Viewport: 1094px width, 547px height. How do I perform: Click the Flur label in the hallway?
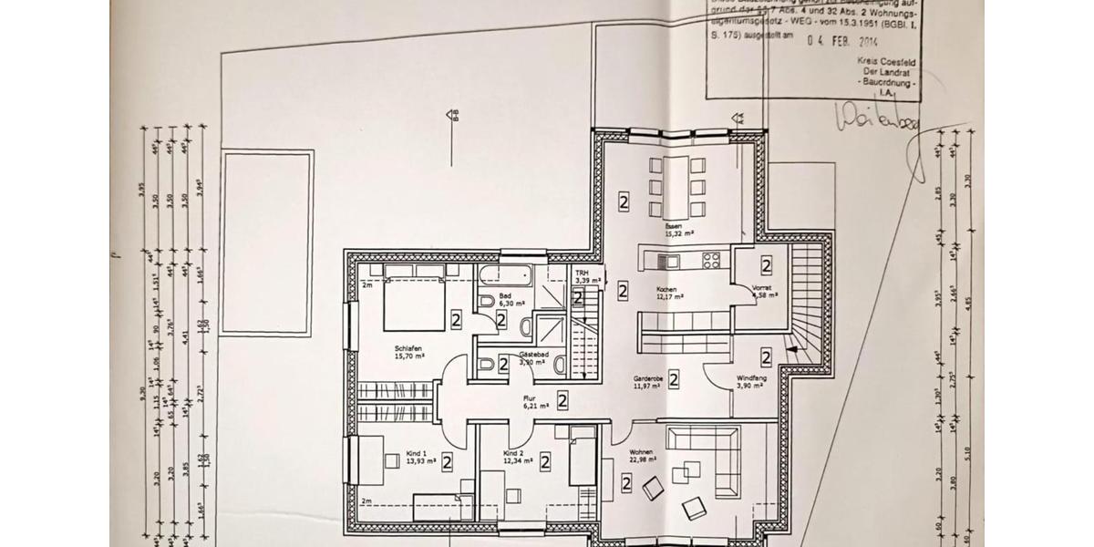pos(529,398)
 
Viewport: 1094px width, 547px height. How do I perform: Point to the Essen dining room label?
pos(674,225)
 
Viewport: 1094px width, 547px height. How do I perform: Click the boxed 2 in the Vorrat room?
pos(767,266)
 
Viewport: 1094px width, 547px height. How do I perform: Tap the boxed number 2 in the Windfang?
pos(767,357)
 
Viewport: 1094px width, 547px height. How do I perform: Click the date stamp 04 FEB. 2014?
pos(841,40)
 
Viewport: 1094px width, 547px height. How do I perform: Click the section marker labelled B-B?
pos(451,116)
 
